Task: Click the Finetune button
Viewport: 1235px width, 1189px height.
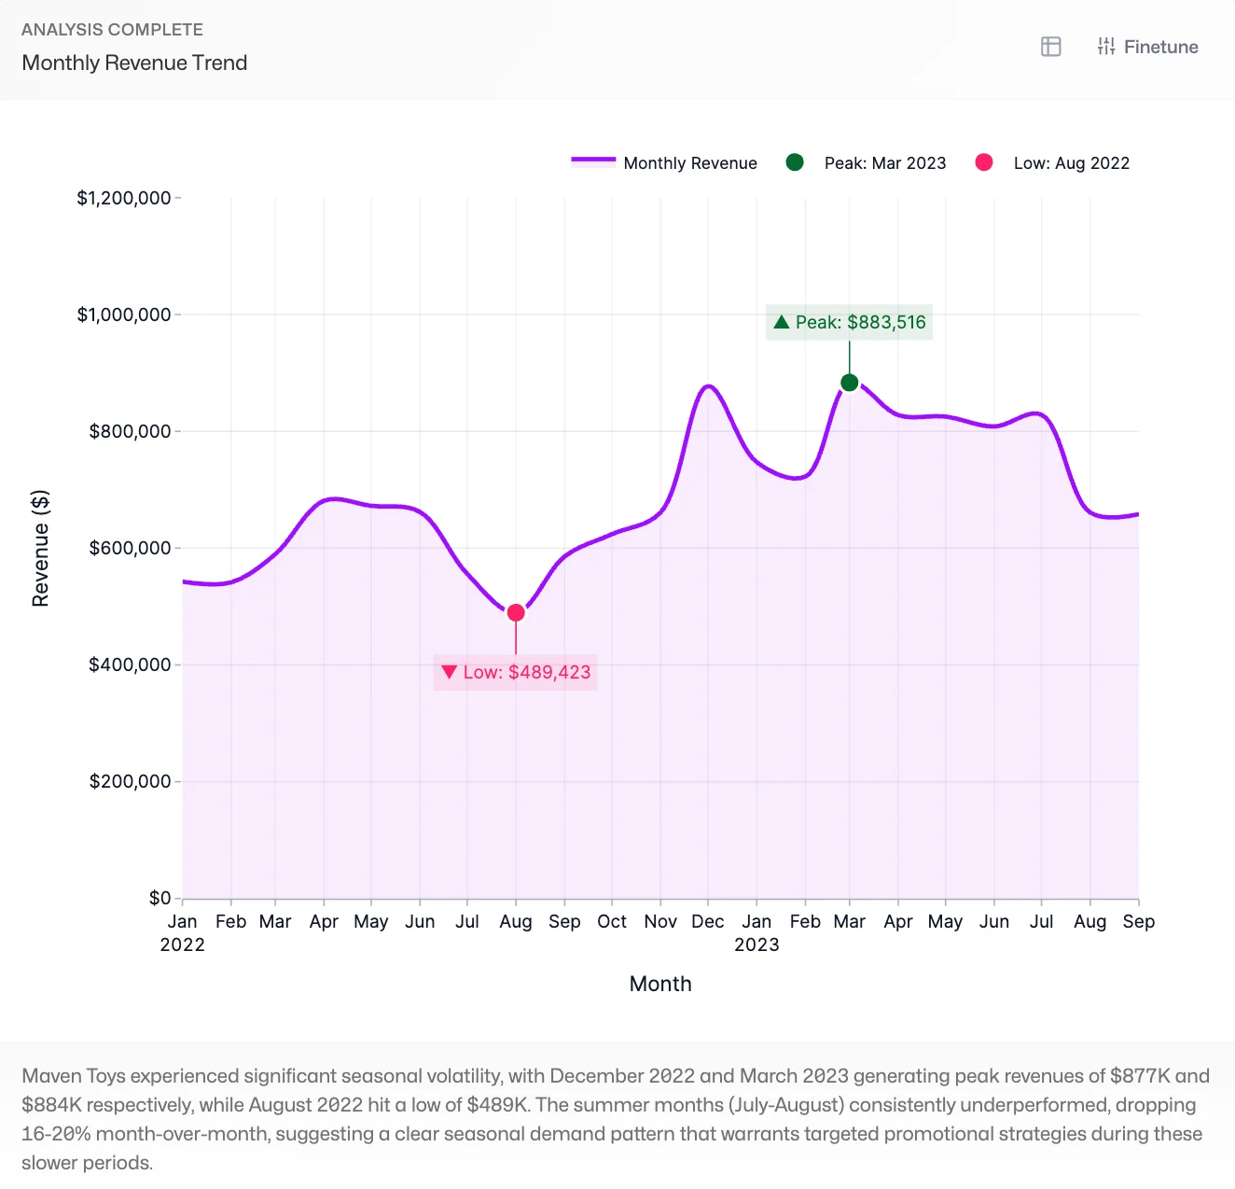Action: point(1147,47)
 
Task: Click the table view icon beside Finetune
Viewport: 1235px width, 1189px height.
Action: point(1050,47)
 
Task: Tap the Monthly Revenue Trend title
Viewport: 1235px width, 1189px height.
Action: point(134,63)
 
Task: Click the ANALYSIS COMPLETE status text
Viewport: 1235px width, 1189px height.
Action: point(112,30)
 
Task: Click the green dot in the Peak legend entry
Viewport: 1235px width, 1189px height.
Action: point(795,162)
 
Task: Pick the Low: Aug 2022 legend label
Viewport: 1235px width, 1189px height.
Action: point(1071,163)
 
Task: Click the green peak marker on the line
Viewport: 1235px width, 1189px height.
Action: point(849,383)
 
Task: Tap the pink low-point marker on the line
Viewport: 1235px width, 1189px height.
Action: point(516,613)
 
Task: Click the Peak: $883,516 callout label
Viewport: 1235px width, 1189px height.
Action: point(849,323)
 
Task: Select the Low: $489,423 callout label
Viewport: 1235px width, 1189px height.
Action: point(516,672)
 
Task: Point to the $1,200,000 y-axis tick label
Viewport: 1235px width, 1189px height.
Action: point(124,198)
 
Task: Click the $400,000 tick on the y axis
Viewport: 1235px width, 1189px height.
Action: point(130,664)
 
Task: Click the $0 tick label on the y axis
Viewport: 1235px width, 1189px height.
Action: point(160,898)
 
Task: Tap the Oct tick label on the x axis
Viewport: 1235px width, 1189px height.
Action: point(612,922)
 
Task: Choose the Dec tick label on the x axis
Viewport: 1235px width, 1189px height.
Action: point(707,922)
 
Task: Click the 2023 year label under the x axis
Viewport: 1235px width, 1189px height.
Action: point(756,944)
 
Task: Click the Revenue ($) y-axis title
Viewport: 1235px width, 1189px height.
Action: point(40,548)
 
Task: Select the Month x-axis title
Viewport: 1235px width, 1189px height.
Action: point(660,984)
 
